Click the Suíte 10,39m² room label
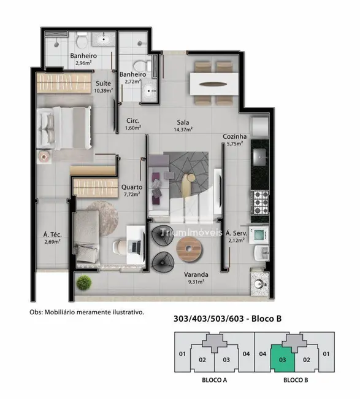(102, 87)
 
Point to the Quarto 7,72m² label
(132, 190)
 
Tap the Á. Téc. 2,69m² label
(52, 238)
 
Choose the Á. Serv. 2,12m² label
(236, 236)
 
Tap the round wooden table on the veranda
(188, 249)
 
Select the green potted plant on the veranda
(84, 283)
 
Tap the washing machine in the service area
(260, 234)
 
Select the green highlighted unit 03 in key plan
(283, 355)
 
